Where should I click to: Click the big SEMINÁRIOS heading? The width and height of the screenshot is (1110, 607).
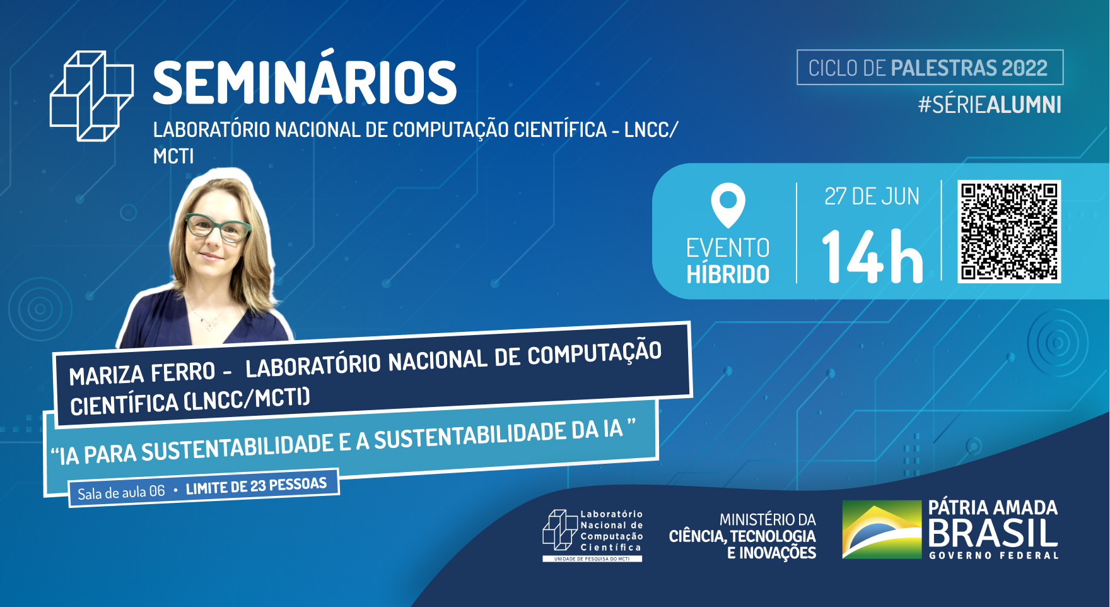[305, 83]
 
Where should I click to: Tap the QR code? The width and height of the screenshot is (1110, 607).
[1009, 231]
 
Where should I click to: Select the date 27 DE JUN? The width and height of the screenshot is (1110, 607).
[872, 197]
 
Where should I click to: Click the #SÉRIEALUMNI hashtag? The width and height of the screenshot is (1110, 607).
[989, 105]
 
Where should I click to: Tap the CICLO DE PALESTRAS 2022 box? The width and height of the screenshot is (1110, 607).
[930, 68]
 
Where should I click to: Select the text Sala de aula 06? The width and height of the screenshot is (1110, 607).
[121, 492]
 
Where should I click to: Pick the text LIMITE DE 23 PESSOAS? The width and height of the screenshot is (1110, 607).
[256, 486]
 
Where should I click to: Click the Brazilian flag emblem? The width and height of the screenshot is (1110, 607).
[882, 529]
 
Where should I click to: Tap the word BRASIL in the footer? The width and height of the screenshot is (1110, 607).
[993, 533]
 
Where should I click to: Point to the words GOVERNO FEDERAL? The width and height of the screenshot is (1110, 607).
[993, 556]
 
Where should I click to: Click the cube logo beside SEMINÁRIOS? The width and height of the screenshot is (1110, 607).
[91, 96]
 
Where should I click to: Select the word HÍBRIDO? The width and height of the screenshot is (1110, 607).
[728, 274]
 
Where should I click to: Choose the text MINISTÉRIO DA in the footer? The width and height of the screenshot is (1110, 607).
[768, 520]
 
